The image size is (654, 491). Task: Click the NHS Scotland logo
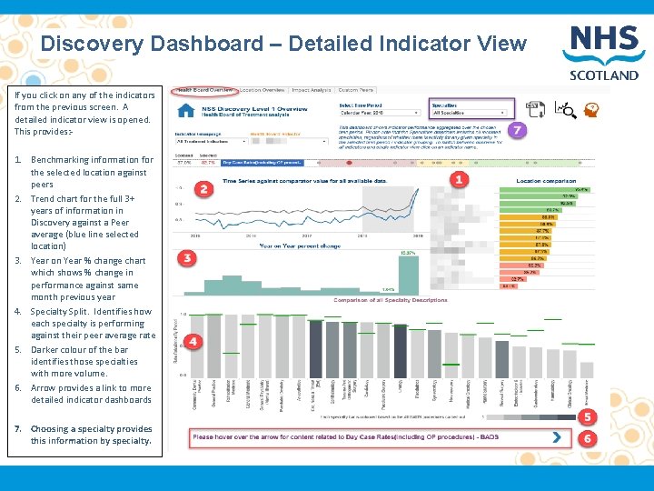click(x=602, y=53)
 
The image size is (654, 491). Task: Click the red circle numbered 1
click(x=459, y=179)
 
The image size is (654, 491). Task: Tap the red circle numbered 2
click(x=203, y=189)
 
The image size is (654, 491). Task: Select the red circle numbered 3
click(x=187, y=258)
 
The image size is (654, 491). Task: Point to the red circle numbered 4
click(x=193, y=340)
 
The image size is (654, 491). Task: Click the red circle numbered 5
click(x=588, y=417)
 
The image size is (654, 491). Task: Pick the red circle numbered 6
click(x=588, y=438)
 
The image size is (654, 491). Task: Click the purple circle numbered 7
click(x=518, y=130)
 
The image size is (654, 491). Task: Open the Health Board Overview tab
click(x=205, y=91)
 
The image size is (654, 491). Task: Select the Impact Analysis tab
click(x=312, y=91)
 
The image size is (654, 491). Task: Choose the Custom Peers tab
click(x=355, y=91)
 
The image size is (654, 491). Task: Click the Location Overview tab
click(x=263, y=91)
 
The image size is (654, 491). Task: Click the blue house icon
click(x=187, y=111)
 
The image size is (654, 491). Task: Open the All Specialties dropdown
click(x=471, y=114)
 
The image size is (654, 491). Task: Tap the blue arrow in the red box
click(x=555, y=437)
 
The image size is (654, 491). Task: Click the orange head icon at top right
click(x=591, y=110)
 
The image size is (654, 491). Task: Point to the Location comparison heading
click(x=545, y=181)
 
